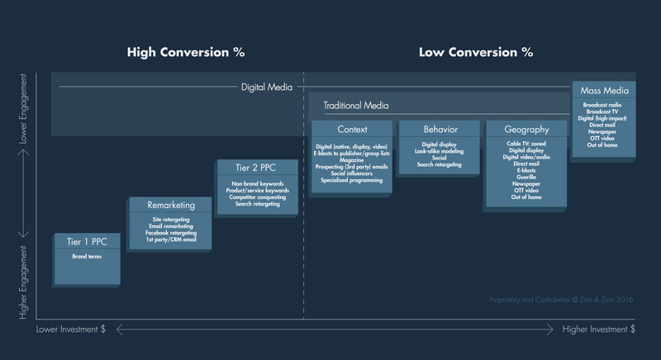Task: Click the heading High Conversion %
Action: (185, 52)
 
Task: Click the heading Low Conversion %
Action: (475, 52)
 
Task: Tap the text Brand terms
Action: (85, 257)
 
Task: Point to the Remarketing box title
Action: (171, 205)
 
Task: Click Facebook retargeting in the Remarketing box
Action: (171, 234)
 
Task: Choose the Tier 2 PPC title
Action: (258, 168)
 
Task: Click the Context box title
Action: (353, 130)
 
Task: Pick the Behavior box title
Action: (440, 130)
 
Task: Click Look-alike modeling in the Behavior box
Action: (440, 151)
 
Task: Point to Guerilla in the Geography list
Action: (526, 178)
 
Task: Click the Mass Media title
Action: (605, 91)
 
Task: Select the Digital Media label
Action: (266, 87)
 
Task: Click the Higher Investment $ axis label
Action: (599, 329)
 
